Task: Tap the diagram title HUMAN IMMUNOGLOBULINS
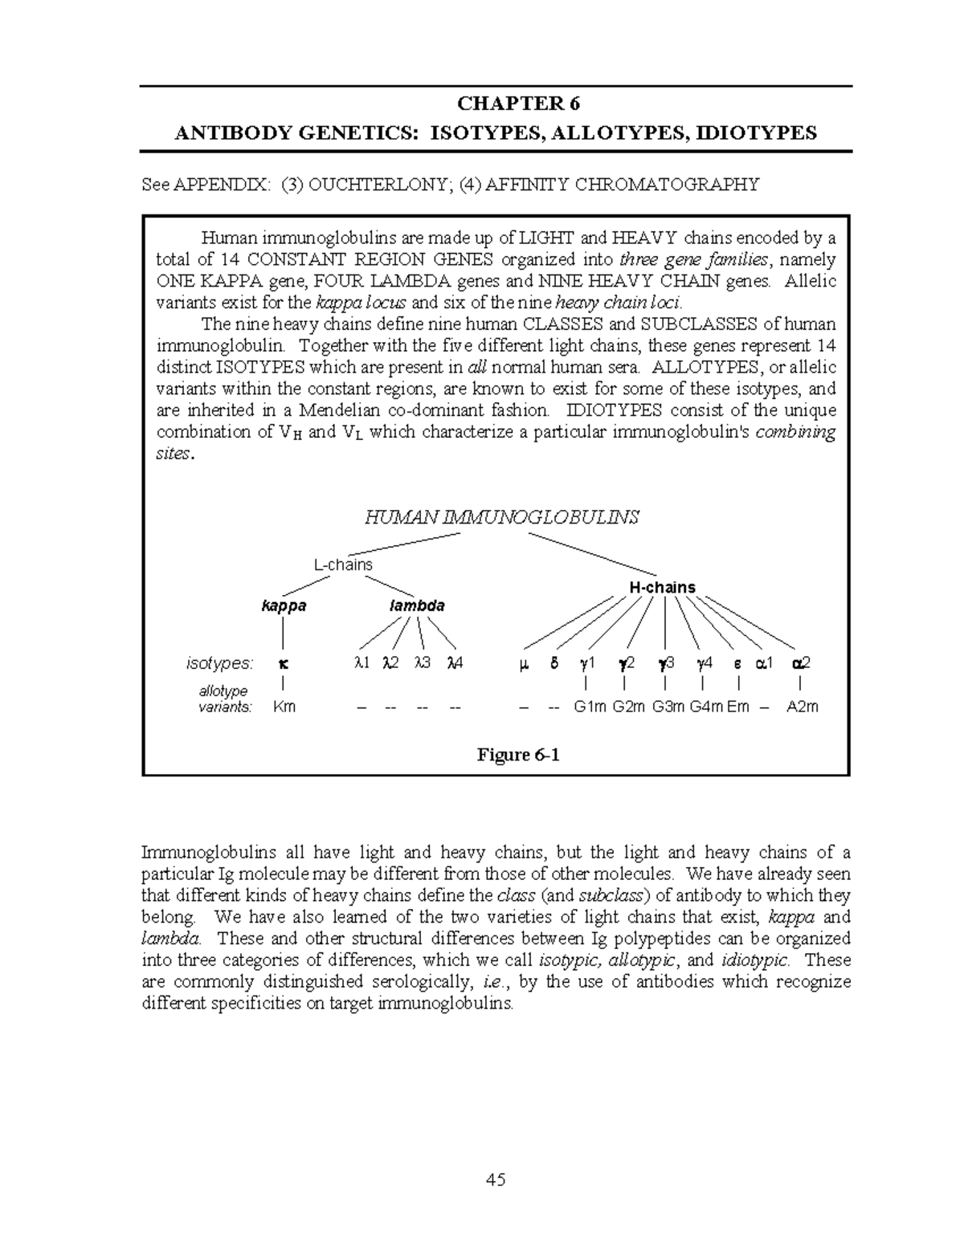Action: tap(501, 517)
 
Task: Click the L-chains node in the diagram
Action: tap(343, 564)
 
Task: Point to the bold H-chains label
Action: tap(662, 587)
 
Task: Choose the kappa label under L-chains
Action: tap(284, 605)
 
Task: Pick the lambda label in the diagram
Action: tap(416, 605)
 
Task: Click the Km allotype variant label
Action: tap(284, 707)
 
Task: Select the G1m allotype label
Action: tap(590, 707)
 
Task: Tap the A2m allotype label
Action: tap(802, 707)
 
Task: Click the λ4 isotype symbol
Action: tap(455, 663)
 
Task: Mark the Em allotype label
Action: tap(738, 707)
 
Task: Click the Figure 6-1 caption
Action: tap(517, 755)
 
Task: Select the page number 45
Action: tap(495, 1180)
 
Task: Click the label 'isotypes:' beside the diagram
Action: tap(219, 663)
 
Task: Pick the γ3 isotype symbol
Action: tap(666, 663)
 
